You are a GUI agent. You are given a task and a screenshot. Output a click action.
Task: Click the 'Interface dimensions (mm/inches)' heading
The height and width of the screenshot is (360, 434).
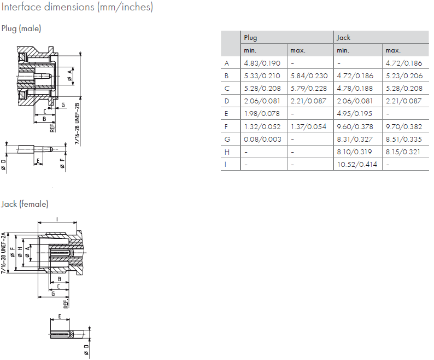77,8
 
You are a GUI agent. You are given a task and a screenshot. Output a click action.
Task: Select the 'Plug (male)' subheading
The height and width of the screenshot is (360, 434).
21,28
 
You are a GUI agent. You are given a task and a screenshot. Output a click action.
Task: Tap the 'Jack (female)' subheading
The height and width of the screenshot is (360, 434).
25,204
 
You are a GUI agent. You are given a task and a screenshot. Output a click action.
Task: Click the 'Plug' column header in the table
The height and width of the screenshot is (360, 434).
250,38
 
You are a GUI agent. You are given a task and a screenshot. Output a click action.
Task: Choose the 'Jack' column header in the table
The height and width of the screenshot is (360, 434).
343,38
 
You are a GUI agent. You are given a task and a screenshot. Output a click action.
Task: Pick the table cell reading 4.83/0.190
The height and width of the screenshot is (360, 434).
262,63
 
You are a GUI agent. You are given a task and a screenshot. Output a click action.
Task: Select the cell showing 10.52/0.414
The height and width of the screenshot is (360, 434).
356,164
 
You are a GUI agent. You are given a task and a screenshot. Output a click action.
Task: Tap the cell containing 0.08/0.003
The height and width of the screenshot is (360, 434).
262,139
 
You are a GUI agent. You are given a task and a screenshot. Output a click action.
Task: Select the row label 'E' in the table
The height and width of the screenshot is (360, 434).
226,114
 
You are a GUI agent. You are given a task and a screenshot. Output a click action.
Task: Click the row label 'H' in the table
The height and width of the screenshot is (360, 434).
227,152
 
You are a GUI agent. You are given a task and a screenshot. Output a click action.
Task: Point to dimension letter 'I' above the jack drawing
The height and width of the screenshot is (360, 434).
57,219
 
